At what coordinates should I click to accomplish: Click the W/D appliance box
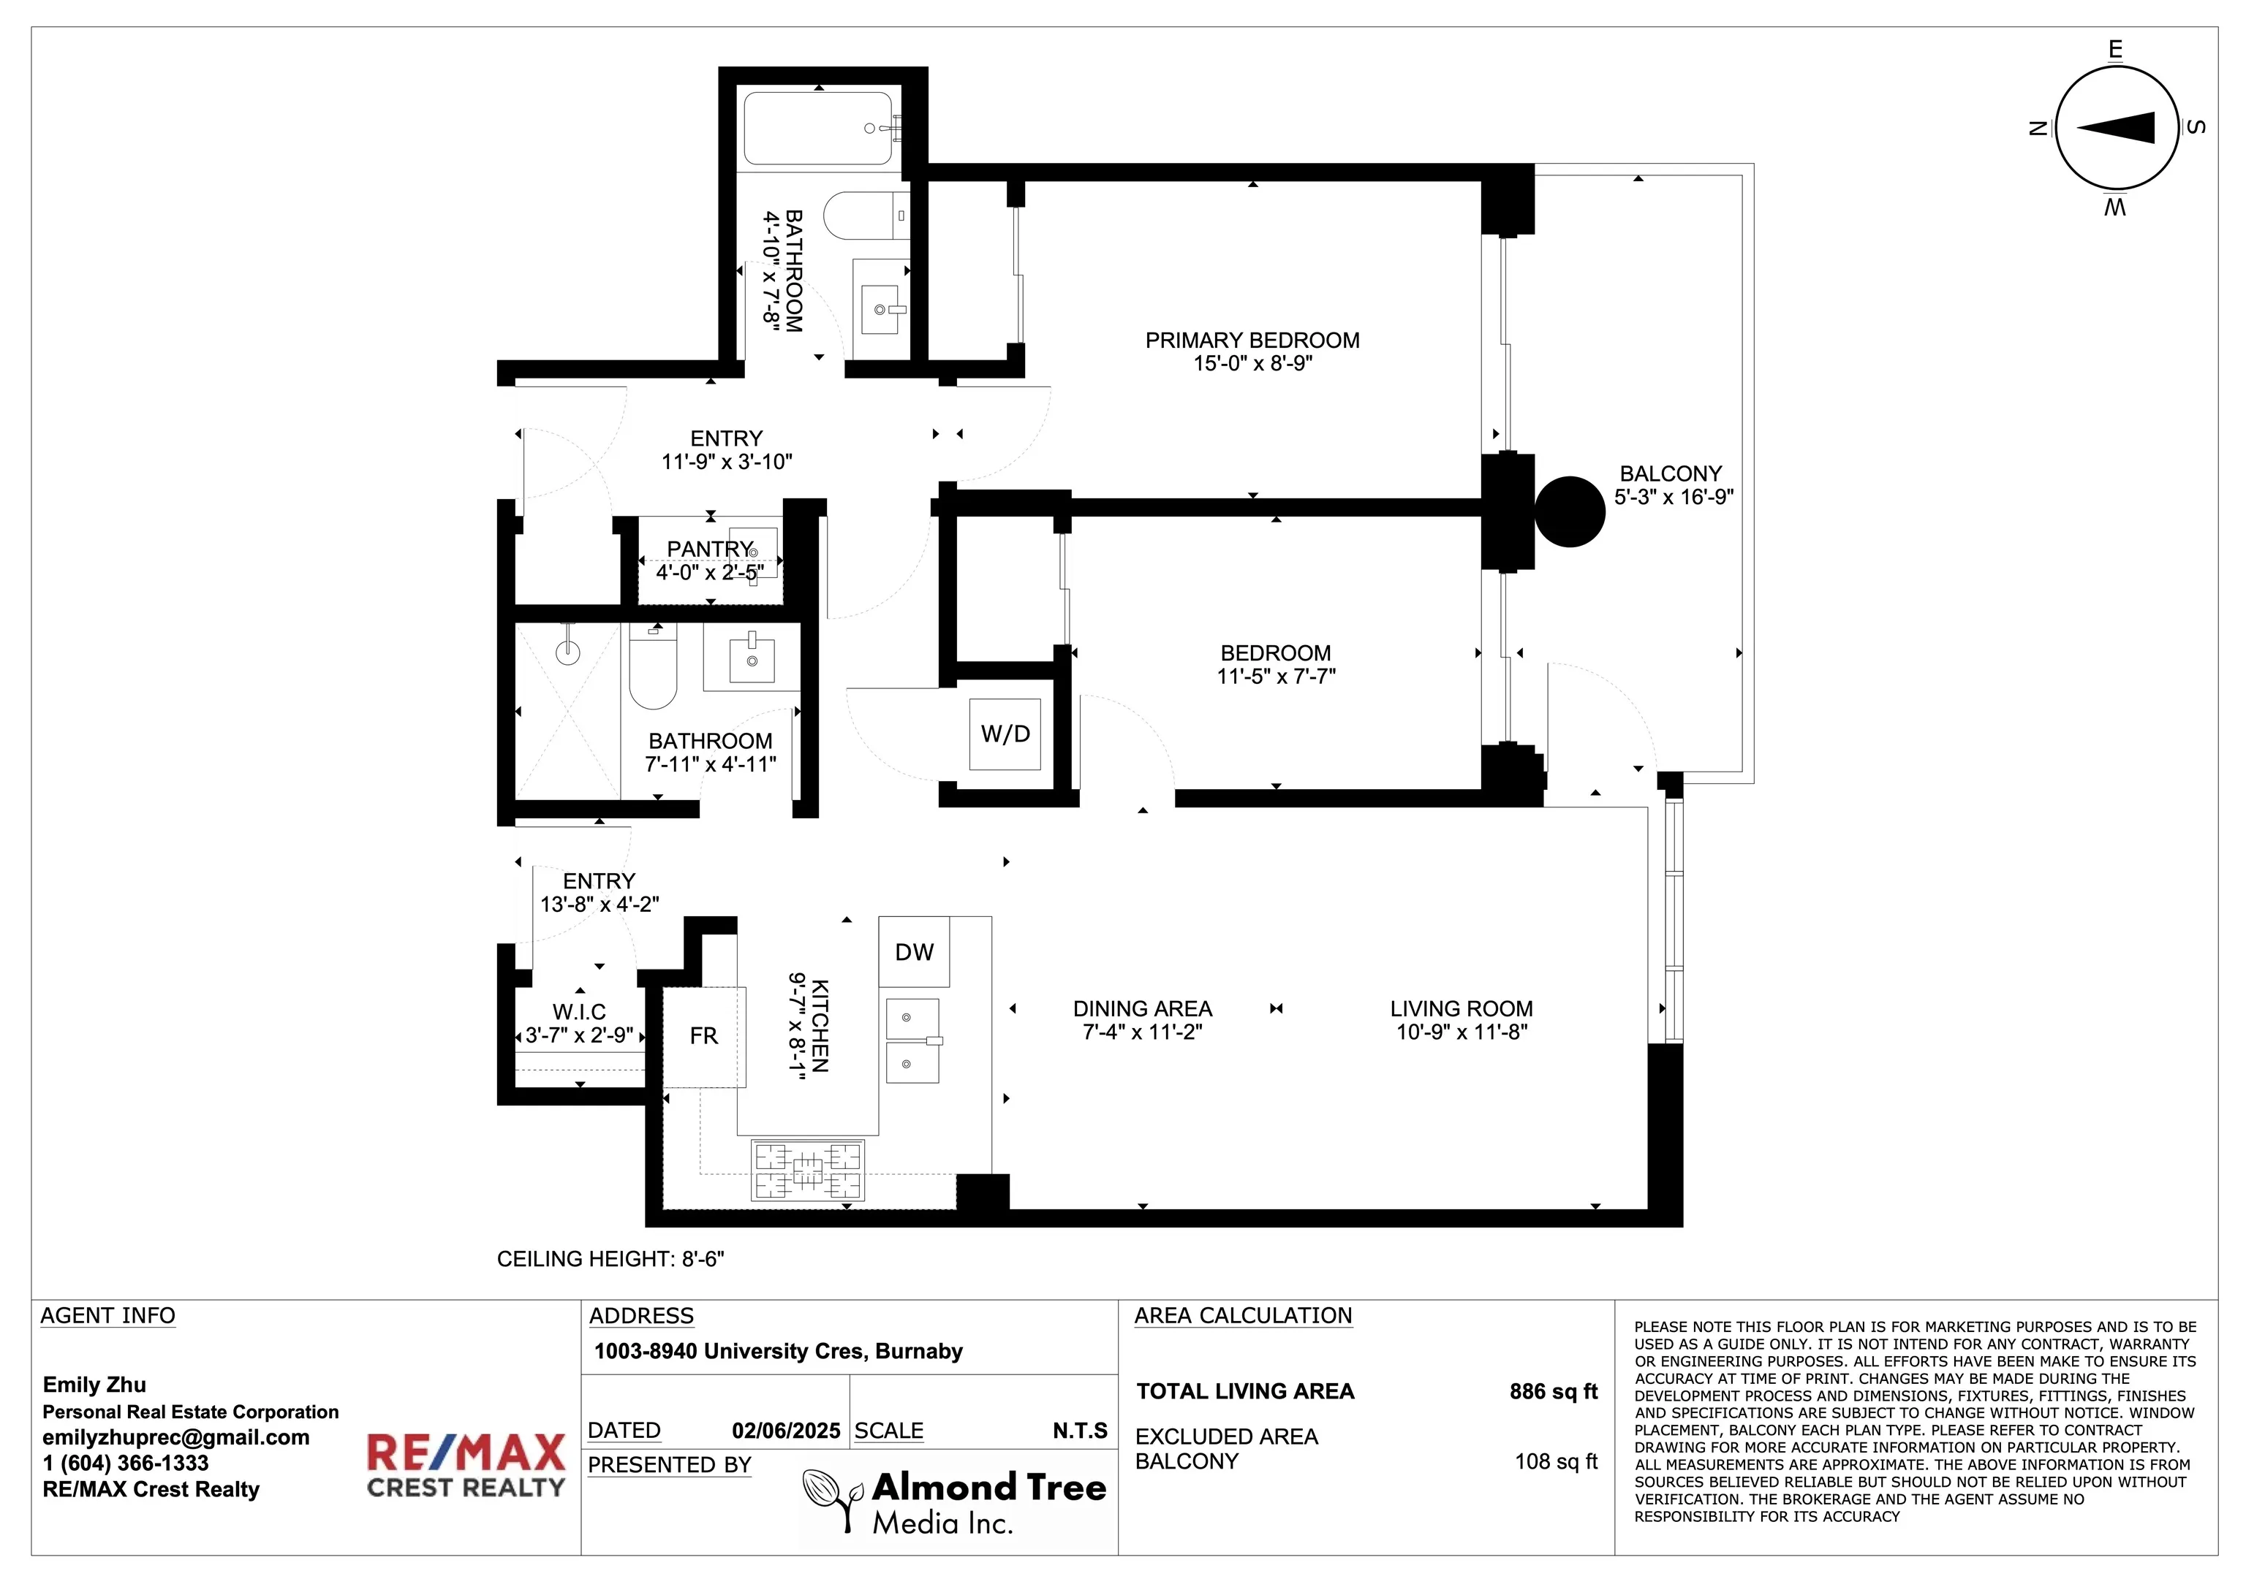pyautogui.click(x=1005, y=734)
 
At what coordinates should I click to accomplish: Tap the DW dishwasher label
pyautogui.click(x=914, y=951)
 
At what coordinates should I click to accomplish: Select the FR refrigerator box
pyautogui.click(x=704, y=1037)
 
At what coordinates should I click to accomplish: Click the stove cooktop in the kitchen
pyautogui.click(x=808, y=1170)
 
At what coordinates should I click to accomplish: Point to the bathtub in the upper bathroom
pyautogui.click(x=818, y=128)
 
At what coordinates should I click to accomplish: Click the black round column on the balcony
pyautogui.click(x=1569, y=511)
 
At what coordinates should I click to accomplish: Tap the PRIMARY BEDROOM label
pyautogui.click(x=1252, y=340)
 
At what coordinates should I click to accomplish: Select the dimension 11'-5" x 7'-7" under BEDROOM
pyautogui.click(x=1276, y=677)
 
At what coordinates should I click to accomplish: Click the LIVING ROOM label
pyautogui.click(x=1462, y=1008)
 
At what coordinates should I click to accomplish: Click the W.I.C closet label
pyautogui.click(x=579, y=1012)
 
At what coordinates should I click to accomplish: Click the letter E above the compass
pyautogui.click(x=2115, y=50)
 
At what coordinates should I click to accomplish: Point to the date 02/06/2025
pyautogui.click(x=785, y=1431)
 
